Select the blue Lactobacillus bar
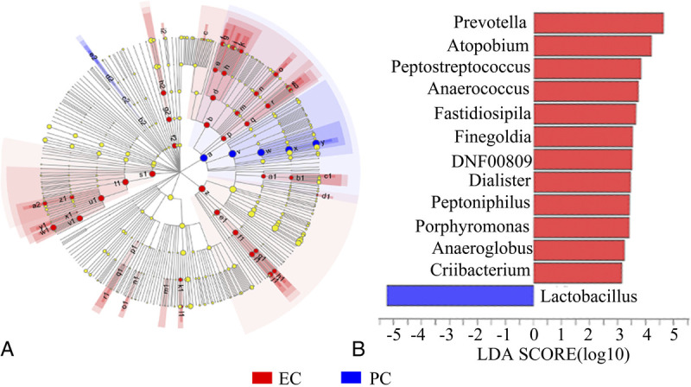coord(459,295)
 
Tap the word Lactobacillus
coord(588,296)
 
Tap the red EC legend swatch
coord(262,377)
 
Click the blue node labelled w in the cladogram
coord(261,152)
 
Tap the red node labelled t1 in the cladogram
coord(126,182)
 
